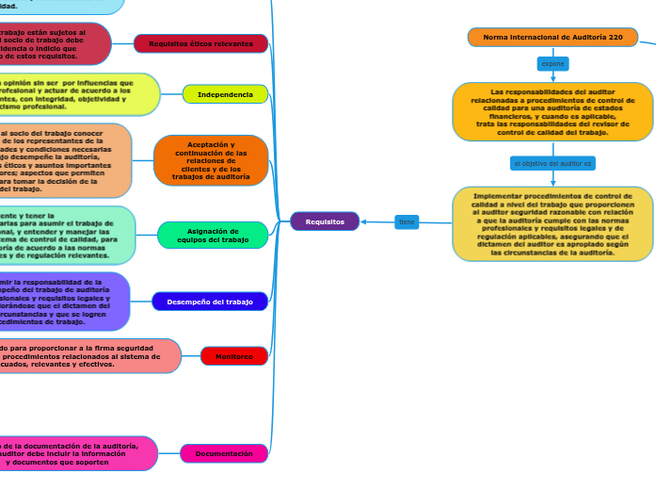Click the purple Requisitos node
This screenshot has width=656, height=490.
(325, 221)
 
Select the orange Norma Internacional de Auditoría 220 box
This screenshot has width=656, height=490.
(552, 37)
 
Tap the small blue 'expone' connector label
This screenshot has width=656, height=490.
(552, 64)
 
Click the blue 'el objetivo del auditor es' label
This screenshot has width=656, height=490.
(552, 163)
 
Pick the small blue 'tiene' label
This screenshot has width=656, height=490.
(407, 222)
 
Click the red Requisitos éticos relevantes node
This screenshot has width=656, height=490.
(201, 43)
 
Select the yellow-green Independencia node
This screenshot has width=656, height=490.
(225, 94)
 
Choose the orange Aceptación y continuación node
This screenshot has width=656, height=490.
(211, 160)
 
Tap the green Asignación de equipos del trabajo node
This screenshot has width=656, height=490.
(213, 236)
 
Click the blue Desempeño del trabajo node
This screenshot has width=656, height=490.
(210, 302)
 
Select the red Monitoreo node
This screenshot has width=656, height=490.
(234, 356)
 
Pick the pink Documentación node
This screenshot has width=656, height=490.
(224, 453)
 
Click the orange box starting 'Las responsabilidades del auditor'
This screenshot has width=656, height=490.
(552, 112)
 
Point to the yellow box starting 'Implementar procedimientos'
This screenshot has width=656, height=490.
(552, 224)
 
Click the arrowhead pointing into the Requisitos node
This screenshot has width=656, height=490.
(364, 222)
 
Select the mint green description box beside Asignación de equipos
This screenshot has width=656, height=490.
(66, 236)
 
